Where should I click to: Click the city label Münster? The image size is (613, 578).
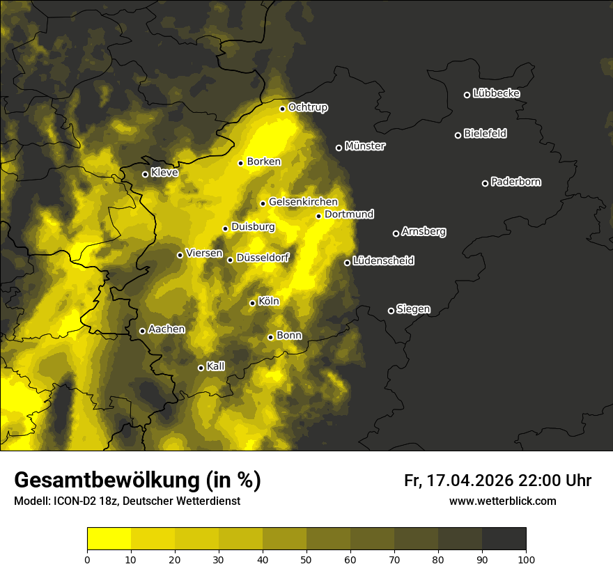click(365, 146)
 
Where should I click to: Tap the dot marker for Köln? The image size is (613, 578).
click(253, 303)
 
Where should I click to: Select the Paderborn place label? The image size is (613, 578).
click(516, 182)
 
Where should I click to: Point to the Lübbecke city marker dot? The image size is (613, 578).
click(467, 95)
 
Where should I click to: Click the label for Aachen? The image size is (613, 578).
click(166, 329)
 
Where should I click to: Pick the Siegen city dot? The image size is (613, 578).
click(391, 311)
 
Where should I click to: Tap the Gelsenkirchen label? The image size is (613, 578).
click(303, 202)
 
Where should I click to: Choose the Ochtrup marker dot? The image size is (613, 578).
click(283, 109)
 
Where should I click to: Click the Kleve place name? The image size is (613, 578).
click(164, 173)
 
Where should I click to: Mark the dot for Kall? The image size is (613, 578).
click(201, 368)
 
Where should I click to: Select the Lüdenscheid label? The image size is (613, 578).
click(383, 261)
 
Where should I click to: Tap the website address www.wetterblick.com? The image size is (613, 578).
click(503, 501)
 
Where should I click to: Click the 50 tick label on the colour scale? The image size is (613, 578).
click(306, 559)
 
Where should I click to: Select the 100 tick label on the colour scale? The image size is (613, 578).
click(526, 559)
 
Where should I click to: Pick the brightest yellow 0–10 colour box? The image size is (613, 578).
click(109, 539)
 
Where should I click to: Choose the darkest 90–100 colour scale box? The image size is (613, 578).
click(504, 539)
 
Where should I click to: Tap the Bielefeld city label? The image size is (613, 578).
click(485, 134)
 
